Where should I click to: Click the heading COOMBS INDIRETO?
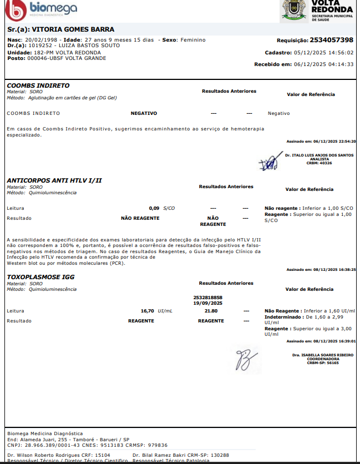click(38, 85)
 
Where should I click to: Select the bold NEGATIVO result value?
click(144, 113)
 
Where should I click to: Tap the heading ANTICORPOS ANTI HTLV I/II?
click(54, 180)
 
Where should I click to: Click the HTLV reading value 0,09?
click(154, 208)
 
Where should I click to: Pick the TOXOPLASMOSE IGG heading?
click(40, 276)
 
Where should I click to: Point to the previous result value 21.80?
click(211, 311)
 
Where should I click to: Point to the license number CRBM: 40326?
click(319, 163)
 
